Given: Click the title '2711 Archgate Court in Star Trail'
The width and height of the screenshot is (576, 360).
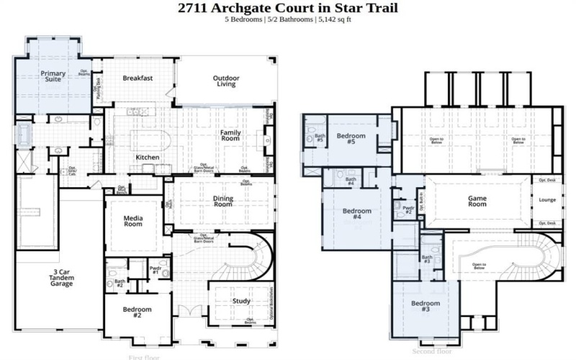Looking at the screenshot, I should click(287, 9).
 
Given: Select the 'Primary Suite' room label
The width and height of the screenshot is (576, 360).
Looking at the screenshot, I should click(53, 76).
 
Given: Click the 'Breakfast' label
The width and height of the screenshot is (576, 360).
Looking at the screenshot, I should click(138, 78).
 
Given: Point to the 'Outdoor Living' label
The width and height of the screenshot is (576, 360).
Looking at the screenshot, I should click(225, 81).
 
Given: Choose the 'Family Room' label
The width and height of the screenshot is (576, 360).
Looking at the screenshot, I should click(235, 136).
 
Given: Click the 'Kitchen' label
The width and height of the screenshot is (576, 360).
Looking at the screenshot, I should click(148, 158).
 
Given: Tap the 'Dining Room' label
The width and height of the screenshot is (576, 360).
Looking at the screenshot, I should click(223, 201).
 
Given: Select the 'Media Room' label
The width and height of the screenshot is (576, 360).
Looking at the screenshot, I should click(133, 220).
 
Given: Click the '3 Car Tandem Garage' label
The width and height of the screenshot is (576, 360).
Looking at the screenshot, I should click(61, 277).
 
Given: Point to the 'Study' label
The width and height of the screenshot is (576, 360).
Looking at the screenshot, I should click(241, 301).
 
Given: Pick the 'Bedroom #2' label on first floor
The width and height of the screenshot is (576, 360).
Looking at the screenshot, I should click(138, 312).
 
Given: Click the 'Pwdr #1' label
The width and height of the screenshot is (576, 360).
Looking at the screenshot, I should click(156, 271).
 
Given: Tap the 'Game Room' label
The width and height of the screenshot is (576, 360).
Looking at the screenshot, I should click(478, 202).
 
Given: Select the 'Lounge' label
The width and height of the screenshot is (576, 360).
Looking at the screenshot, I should click(547, 199).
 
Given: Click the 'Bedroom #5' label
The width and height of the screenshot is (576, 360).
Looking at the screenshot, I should click(351, 138).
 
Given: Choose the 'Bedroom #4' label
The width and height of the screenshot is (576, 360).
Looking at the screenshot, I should click(356, 214).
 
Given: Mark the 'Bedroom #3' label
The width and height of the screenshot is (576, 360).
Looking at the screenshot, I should click(426, 307).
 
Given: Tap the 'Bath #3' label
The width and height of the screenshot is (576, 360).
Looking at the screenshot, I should click(427, 259).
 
